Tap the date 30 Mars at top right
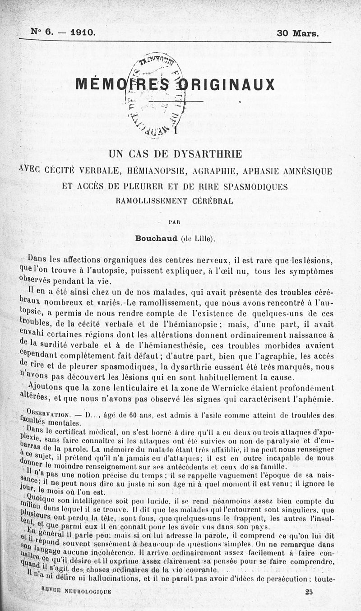297,33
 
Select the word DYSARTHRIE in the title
206,155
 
